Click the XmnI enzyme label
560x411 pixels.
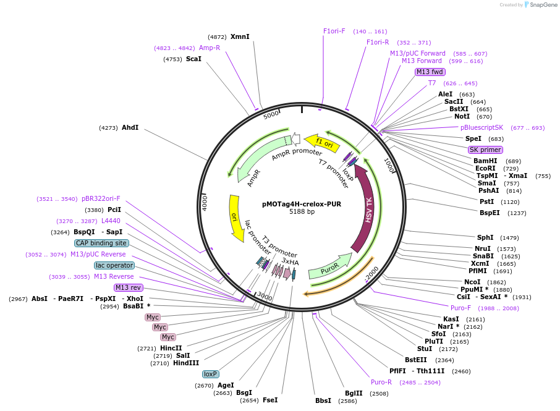(x=240, y=36)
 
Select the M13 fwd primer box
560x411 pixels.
(x=430, y=72)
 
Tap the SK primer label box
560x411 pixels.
(x=485, y=150)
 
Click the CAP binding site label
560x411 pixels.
(x=102, y=243)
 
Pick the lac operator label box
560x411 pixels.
(x=114, y=265)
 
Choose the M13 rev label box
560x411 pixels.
(x=128, y=287)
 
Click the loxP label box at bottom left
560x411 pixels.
(x=211, y=374)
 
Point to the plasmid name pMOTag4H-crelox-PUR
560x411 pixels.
(x=302, y=203)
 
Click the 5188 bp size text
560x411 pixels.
(x=302, y=211)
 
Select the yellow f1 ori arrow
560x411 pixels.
(x=323, y=143)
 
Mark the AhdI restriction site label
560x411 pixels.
(x=130, y=128)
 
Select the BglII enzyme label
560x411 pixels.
(x=354, y=393)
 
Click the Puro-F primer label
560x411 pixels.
(x=460, y=308)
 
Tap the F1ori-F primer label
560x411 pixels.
(x=334, y=31)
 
